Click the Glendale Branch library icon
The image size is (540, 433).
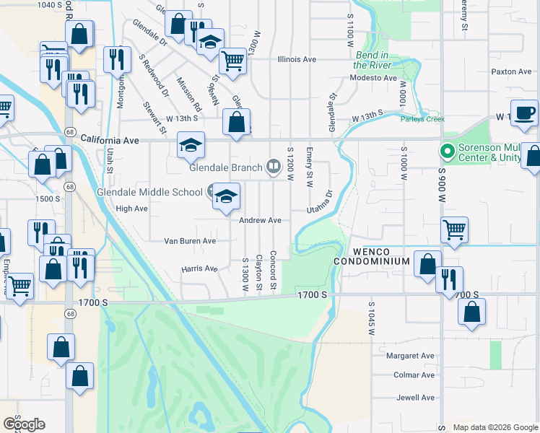274,168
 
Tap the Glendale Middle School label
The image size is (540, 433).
149,192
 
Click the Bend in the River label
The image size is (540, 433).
373,61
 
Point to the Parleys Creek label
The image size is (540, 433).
424,120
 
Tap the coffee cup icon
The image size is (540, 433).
525,114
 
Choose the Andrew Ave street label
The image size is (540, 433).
260,220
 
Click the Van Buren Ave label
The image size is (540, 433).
190,241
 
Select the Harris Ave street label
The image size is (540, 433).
199,268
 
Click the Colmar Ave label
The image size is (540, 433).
414,375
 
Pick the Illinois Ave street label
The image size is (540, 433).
297,59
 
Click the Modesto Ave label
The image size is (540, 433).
373,78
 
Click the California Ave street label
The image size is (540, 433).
110,139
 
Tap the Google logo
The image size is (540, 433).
24,424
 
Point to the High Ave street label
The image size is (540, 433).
131,209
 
